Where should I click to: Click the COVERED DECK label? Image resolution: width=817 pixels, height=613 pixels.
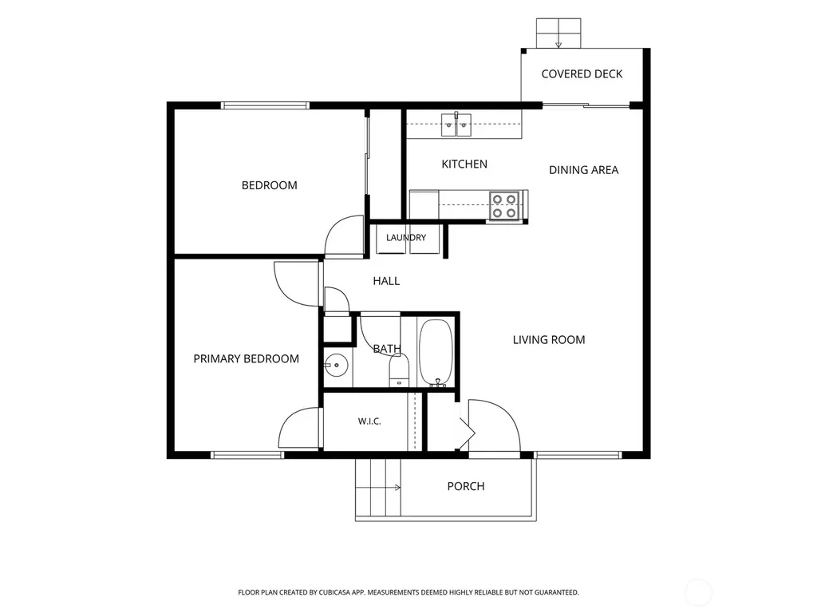pyautogui.click(x=582, y=74)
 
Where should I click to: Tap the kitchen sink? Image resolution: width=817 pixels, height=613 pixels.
pyautogui.click(x=456, y=125)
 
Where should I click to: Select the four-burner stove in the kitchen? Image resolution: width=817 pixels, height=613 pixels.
pyautogui.click(x=504, y=206)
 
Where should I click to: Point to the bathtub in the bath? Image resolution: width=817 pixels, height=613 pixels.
pyautogui.click(x=436, y=352)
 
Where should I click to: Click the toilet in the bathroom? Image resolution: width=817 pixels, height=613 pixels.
pyautogui.click(x=399, y=370)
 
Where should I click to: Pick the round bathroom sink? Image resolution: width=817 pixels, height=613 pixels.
pyautogui.click(x=336, y=365)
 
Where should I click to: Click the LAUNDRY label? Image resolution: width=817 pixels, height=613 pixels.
pyautogui.click(x=406, y=238)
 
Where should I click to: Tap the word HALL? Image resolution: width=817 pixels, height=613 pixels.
pyautogui.click(x=386, y=281)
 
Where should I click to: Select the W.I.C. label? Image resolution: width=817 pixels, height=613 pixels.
pyautogui.click(x=369, y=421)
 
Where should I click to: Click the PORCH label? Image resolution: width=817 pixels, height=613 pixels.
pyautogui.click(x=466, y=486)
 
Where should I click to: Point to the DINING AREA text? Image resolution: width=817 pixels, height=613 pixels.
pyautogui.click(x=583, y=170)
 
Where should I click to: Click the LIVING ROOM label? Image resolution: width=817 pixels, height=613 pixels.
pyautogui.click(x=549, y=340)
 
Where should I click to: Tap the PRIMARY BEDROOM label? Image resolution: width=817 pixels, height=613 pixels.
pyautogui.click(x=246, y=358)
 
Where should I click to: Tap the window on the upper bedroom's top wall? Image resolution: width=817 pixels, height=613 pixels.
pyautogui.click(x=265, y=105)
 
